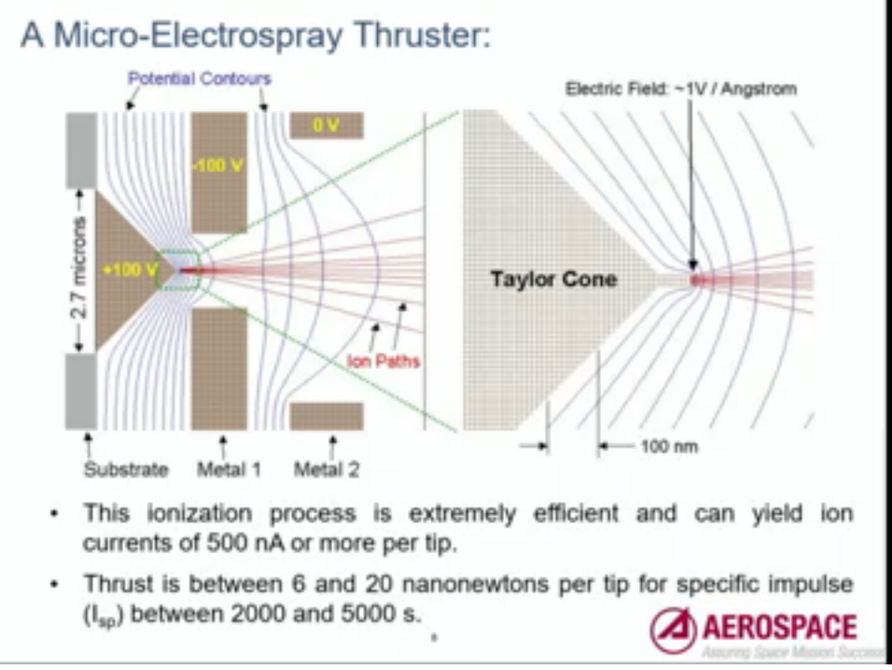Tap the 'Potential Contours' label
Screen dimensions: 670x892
coord(199,78)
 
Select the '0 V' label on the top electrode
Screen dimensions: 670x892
coord(326,126)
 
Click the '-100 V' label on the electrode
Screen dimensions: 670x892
coord(218,165)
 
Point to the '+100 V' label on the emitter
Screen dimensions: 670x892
coord(131,271)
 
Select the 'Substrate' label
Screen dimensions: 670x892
coord(126,468)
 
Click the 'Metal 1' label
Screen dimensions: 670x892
coord(229,468)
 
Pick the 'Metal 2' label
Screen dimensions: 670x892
coord(327,468)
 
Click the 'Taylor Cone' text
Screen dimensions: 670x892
coord(553,279)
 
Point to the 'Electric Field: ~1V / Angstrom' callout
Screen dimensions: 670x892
coord(681,89)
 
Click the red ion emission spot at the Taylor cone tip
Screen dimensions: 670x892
coord(695,279)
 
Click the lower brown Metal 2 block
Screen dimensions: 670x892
coord(326,416)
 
